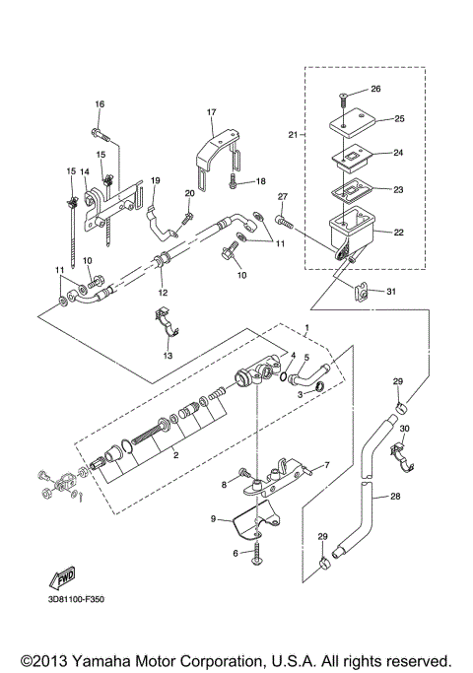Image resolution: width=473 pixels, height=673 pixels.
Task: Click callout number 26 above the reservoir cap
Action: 375,90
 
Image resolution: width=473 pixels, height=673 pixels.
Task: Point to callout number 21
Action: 291,134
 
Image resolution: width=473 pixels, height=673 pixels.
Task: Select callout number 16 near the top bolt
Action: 100,104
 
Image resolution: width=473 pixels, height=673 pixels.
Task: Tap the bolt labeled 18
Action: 230,182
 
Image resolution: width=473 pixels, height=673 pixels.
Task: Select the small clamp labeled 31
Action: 366,293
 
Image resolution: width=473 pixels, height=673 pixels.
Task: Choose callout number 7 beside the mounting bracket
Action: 327,464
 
